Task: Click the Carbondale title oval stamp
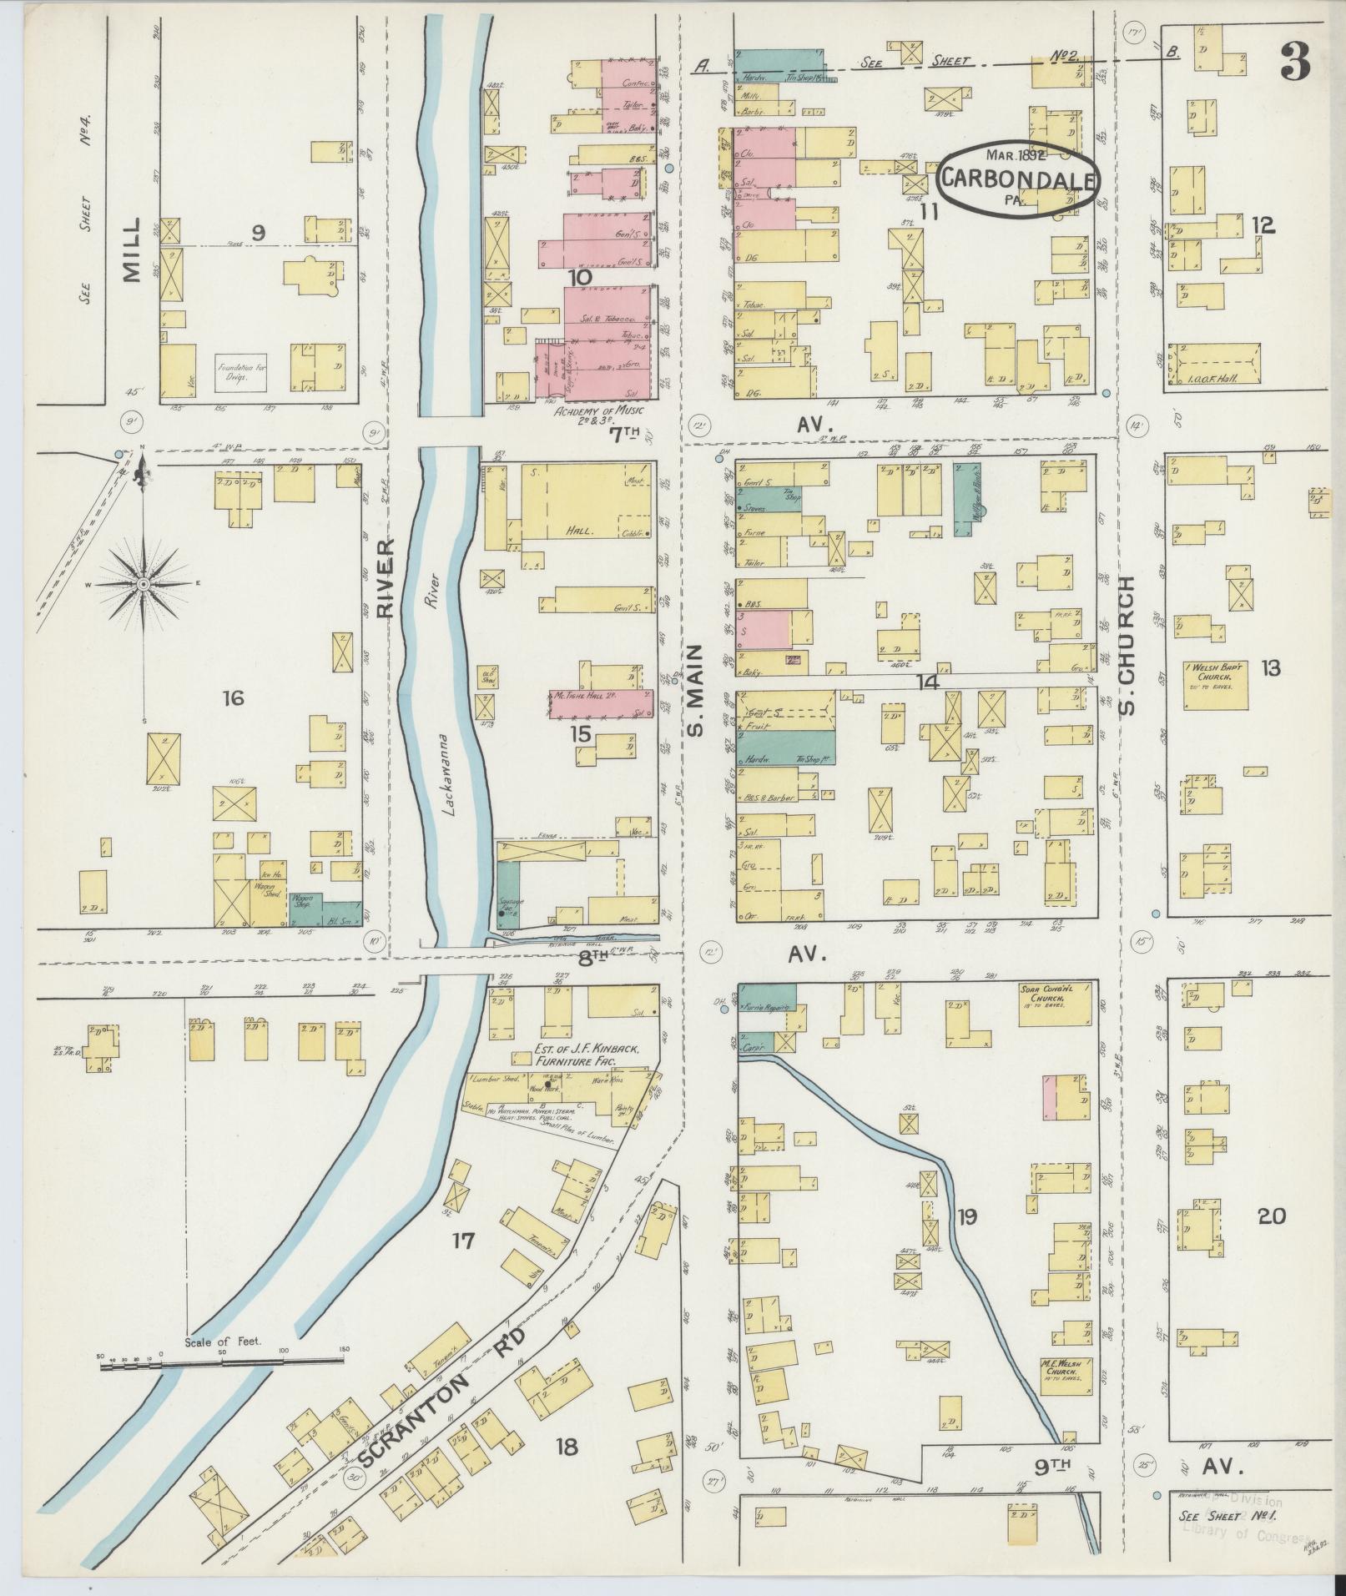1016,177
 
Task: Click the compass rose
144,583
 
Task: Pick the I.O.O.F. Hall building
1212,368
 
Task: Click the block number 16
233,698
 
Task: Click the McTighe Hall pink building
600,702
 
